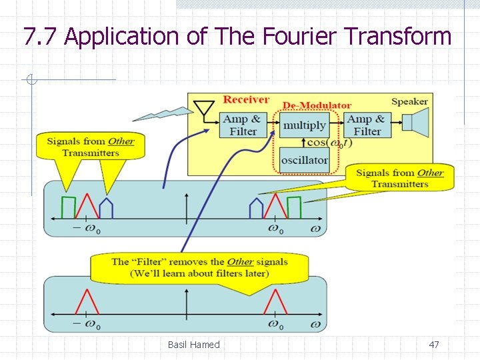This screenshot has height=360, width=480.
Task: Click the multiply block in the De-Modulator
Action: (305, 125)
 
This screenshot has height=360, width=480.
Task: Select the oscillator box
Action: (305, 160)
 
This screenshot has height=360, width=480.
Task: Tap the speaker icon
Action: (418, 125)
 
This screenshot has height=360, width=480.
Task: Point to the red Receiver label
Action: (246, 100)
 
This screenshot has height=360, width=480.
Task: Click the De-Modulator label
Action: (317, 105)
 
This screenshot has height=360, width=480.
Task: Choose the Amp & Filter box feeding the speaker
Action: (367, 125)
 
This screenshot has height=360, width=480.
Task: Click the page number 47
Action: (434, 345)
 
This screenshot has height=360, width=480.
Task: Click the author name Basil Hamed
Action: (193, 345)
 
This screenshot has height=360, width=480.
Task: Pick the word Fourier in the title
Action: (288, 36)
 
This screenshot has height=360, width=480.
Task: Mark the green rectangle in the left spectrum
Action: (69, 207)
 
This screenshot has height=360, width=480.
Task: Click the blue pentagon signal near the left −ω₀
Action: (105, 208)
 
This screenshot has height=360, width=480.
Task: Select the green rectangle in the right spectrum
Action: (293, 207)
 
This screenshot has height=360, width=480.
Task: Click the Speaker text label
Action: (409, 102)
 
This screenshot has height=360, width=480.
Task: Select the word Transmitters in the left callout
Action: (91, 153)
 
